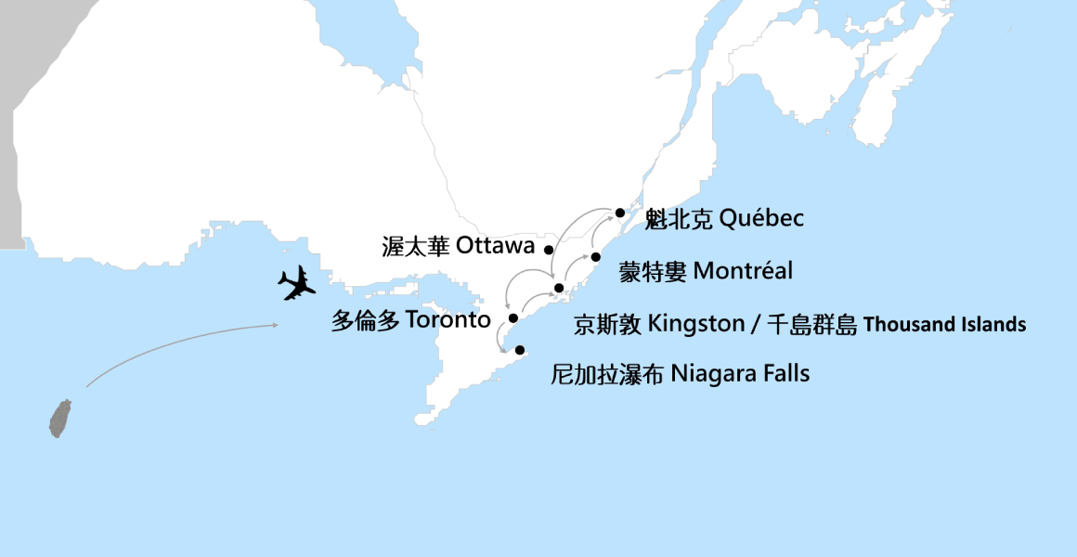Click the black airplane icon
pos(297,283)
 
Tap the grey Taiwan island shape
pos(60,419)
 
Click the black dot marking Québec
pos(620,213)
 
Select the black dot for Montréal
pos(596,256)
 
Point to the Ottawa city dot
pos(549,249)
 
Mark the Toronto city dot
pos(513,318)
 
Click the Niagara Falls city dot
pos(520,350)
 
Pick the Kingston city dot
pos(559,288)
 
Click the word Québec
pos(761,219)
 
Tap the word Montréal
pos(743,271)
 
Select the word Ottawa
pos(496,246)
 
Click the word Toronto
pos(448,320)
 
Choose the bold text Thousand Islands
pos(945,325)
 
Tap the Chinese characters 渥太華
pos(416,246)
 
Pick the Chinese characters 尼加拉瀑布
pos(607,374)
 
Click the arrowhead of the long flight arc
pos(277,324)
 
